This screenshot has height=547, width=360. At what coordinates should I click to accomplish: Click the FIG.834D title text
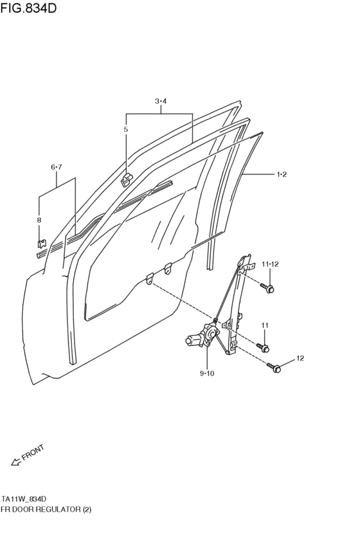pyautogui.click(x=28, y=8)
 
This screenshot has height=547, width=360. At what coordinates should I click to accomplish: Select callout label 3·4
pyautogui.click(x=161, y=101)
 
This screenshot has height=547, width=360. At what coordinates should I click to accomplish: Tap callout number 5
pyautogui.click(x=125, y=129)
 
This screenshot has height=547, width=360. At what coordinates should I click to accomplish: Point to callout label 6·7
pyautogui.click(x=56, y=167)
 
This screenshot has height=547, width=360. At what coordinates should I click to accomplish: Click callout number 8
pyautogui.click(x=39, y=220)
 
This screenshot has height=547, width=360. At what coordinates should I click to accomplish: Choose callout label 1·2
pyautogui.click(x=282, y=174)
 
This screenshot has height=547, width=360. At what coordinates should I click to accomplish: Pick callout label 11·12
pyautogui.click(x=271, y=264)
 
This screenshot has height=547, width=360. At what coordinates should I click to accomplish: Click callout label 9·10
pyautogui.click(x=207, y=373)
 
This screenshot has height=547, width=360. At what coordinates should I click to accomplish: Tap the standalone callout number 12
pyautogui.click(x=300, y=358)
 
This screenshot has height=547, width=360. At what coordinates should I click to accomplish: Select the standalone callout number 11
pyautogui.click(x=265, y=325)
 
